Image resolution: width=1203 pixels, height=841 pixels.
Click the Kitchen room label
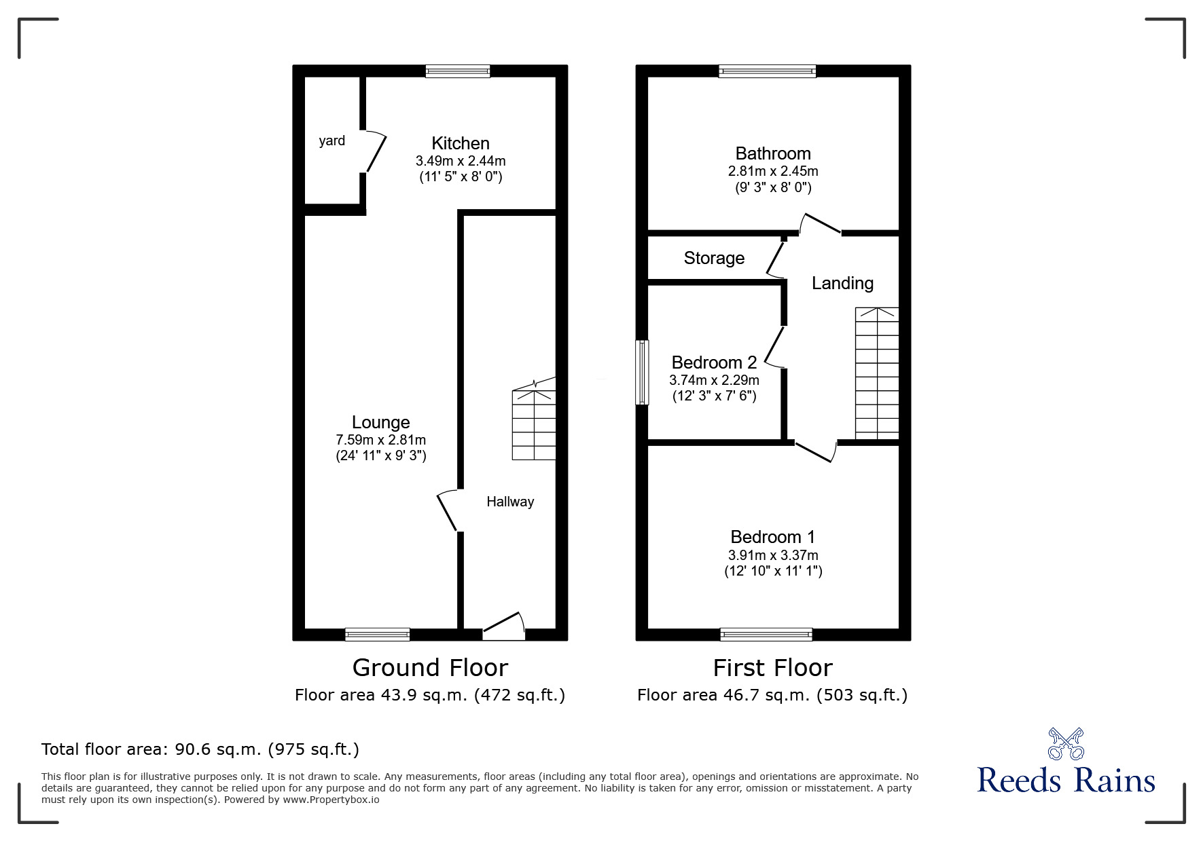coord(460,143)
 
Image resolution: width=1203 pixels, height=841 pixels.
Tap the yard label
coord(331,141)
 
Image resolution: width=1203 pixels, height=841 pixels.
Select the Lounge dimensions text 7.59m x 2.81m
coord(380,440)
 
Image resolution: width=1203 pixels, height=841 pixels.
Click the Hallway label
coord(509,502)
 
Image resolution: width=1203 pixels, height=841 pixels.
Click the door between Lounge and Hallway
coord(448,510)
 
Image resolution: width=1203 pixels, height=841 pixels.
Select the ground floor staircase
coord(534,425)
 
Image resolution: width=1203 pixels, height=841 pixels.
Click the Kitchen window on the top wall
coord(458,71)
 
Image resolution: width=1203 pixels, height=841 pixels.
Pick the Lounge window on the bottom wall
coord(377,634)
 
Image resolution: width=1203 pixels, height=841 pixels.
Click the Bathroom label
coord(773,153)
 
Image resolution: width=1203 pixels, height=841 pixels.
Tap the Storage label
coord(714,258)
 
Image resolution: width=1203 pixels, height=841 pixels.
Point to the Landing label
coord(842,283)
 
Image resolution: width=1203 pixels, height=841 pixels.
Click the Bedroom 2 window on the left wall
coord(641,372)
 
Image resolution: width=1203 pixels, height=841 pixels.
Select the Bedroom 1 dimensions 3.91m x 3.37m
coord(773,555)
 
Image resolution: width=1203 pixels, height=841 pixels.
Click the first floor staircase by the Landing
coord(877,373)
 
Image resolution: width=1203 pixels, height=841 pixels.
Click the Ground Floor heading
coord(430,668)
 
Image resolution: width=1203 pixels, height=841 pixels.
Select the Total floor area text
coord(200,749)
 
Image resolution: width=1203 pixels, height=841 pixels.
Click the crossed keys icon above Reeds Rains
coord(1066,743)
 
